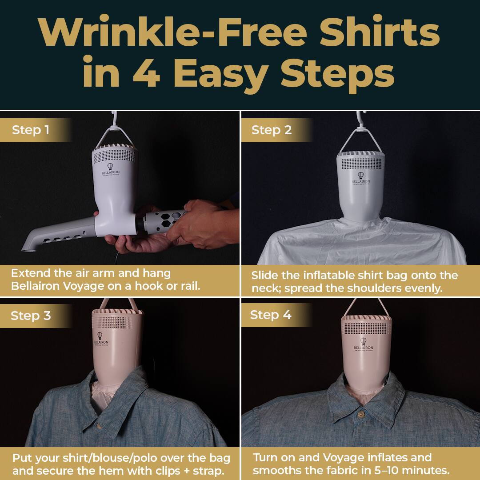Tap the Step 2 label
click(271, 130)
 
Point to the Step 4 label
click(270, 315)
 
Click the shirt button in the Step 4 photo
click(361, 414)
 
